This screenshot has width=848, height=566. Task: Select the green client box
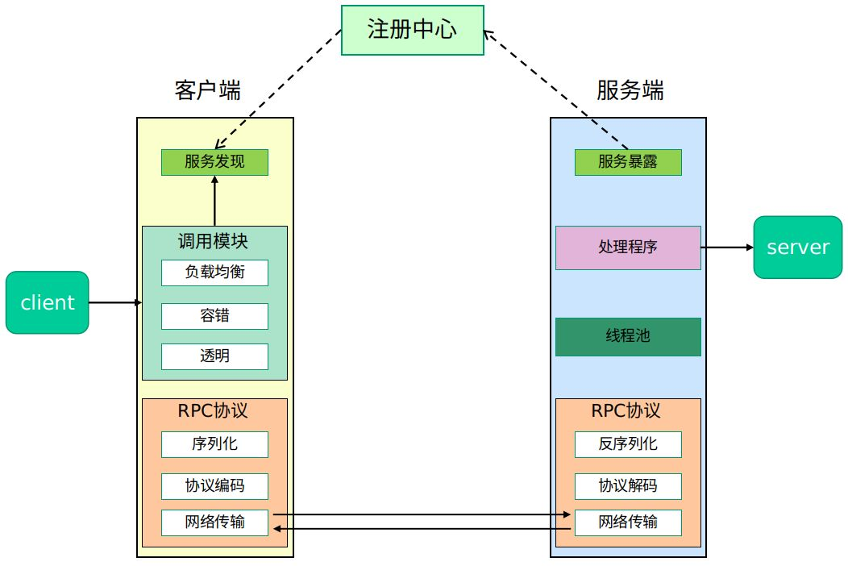click(47, 302)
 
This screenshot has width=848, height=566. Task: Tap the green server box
click(798, 248)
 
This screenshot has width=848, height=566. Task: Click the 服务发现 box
click(214, 162)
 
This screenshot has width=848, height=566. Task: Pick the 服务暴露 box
click(628, 162)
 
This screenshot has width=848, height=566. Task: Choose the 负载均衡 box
click(214, 273)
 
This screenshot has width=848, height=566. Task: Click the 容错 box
click(214, 315)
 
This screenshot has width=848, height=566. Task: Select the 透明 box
click(214, 356)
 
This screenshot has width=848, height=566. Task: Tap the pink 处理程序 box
click(628, 248)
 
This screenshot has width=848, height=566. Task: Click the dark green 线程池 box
click(628, 336)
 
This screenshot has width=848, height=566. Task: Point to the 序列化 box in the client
click(214, 444)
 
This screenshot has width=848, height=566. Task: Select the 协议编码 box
click(214, 486)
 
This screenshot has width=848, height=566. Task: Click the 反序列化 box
click(628, 444)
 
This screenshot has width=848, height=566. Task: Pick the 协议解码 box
click(628, 486)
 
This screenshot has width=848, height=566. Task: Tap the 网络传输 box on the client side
click(214, 522)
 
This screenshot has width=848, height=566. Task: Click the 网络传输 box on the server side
click(628, 522)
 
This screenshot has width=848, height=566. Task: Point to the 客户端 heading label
click(207, 90)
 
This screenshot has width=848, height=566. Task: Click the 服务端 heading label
click(630, 90)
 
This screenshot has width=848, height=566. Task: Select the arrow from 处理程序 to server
click(726, 248)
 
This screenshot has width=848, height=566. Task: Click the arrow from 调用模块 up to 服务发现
click(214, 201)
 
